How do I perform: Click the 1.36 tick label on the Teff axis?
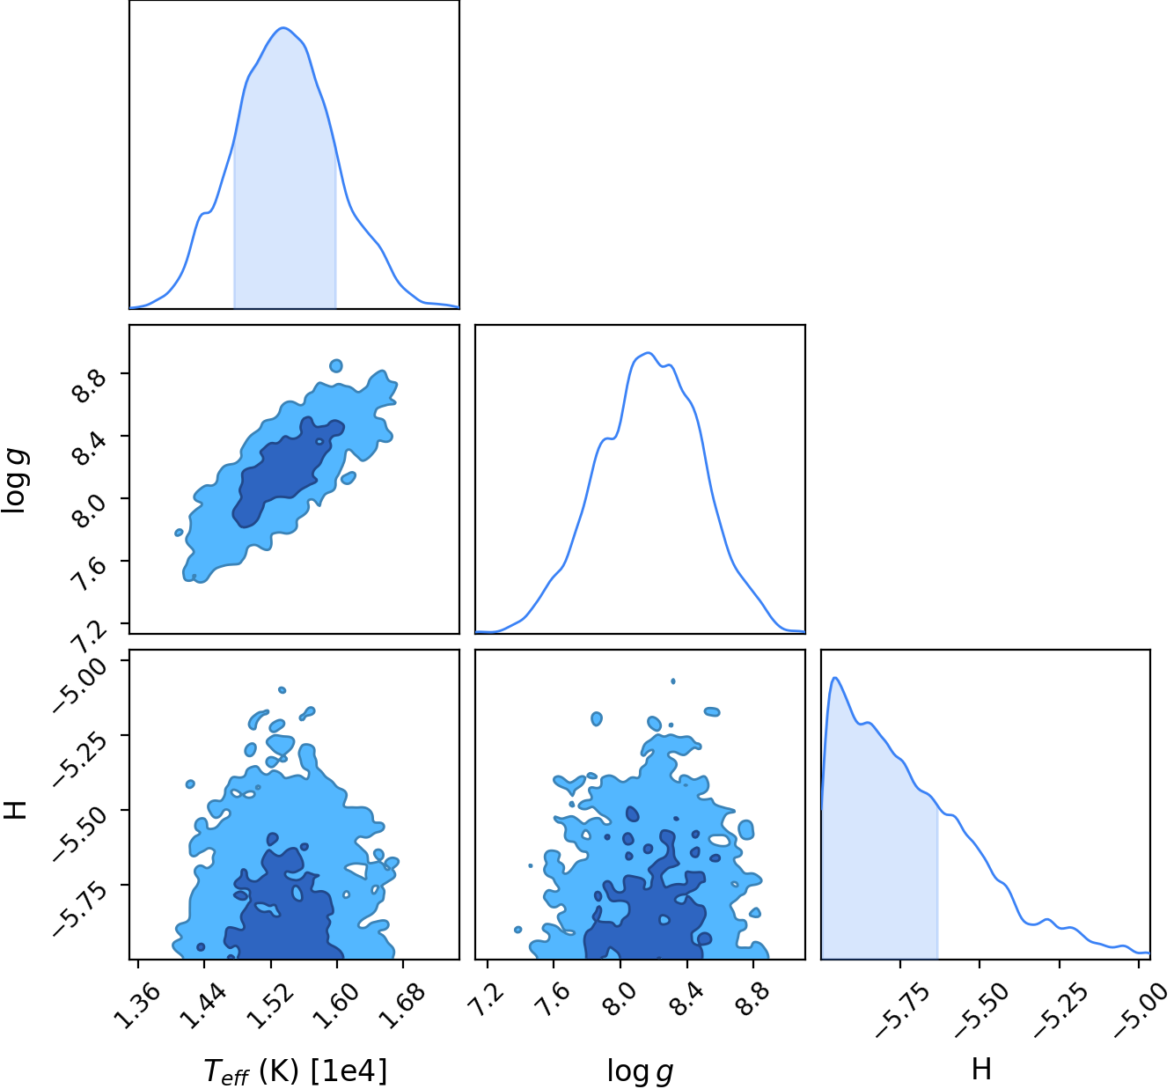[136, 1006]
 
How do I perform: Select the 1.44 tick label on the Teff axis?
[202, 1006]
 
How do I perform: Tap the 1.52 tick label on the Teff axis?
[269, 1006]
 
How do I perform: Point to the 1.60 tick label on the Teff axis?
[336, 1006]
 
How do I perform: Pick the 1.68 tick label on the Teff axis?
[402, 1006]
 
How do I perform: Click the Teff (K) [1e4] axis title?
[295, 1071]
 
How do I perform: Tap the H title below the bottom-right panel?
[981, 1069]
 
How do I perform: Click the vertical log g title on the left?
[15, 481]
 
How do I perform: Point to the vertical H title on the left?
[15, 810]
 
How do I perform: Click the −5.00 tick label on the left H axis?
[80, 686]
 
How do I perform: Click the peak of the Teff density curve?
[283, 28]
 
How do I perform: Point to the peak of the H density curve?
[834, 678]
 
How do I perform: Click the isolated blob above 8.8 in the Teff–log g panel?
[336, 365]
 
